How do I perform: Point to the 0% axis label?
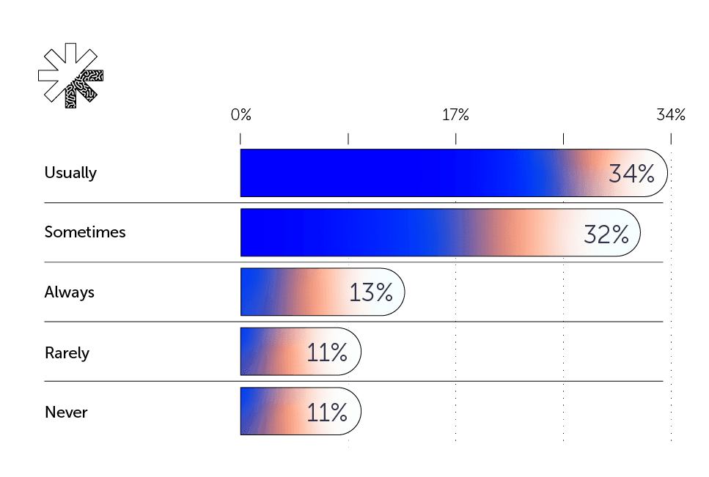(x=240, y=115)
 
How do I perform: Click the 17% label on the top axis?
(x=455, y=115)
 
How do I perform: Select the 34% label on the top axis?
(x=670, y=115)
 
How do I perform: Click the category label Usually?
(x=70, y=173)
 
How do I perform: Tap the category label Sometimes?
(x=85, y=232)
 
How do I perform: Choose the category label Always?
(x=70, y=292)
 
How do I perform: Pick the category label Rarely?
(x=67, y=352)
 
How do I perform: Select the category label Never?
(x=66, y=413)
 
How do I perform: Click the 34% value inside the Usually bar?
(x=631, y=174)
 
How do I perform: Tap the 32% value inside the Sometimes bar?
(x=606, y=234)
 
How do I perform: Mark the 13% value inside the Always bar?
(x=371, y=293)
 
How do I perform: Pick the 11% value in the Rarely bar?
(x=326, y=353)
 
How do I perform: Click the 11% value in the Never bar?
(x=326, y=413)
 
